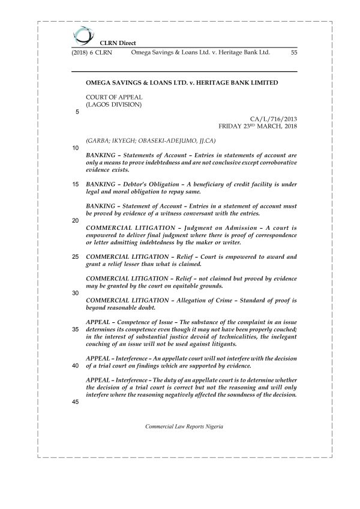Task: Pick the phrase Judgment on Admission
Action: click(194, 229)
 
